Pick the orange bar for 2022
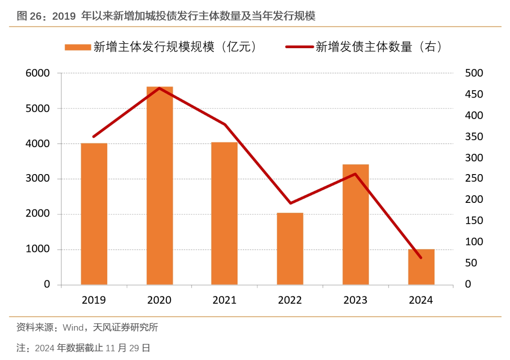click(x=290, y=249)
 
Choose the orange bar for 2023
click(x=356, y=225)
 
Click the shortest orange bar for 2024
click(x=421, y=267)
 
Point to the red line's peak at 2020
click(x=160, y=88)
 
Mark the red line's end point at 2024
click(x=421, y=258)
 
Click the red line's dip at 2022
click(x=290, y=203)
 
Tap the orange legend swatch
click(x=77, y=47)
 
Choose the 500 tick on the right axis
click(x=474, y=73)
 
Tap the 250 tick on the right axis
click(x=474, y=179)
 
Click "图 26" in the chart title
click(x=30, y=17)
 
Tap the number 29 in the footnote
click(x=134, y=348)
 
